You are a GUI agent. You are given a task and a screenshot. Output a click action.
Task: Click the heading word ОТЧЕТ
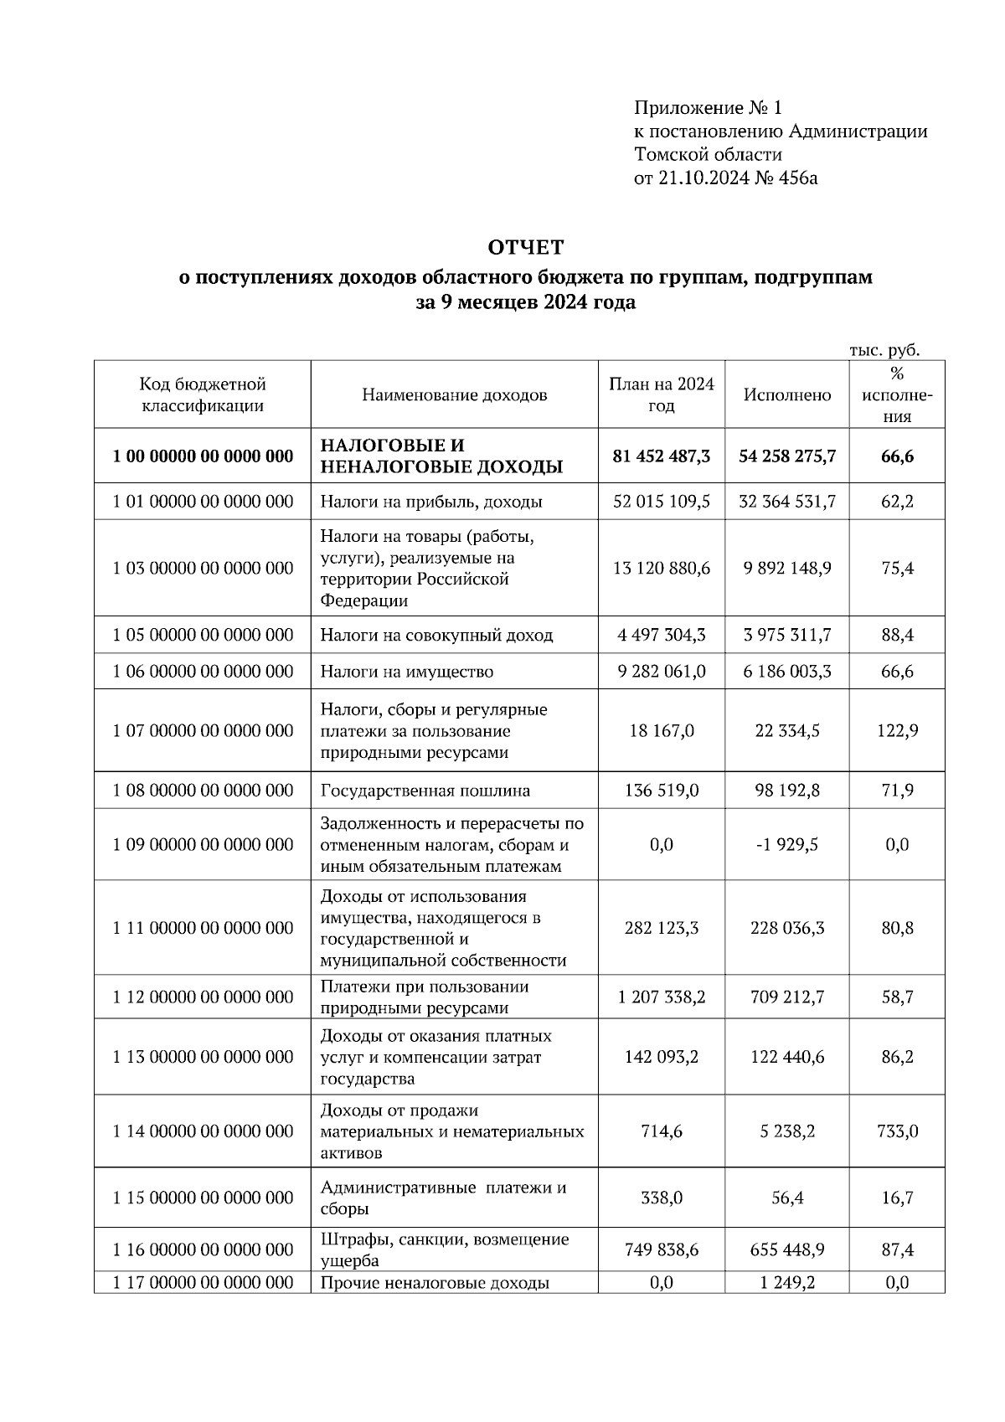[526, 248]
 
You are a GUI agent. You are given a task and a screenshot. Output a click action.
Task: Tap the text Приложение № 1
[707, 108]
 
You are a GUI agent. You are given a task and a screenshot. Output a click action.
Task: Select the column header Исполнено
[787, 395]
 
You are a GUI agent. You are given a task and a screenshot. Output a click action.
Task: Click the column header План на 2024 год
[661, 394]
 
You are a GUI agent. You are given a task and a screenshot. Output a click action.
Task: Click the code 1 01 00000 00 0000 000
[203, 502]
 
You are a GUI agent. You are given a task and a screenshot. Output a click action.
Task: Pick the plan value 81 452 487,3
[661, 456]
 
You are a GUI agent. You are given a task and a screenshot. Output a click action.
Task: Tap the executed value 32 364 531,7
[787, 502]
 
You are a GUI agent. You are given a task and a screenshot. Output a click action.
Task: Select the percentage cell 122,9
[897, 731]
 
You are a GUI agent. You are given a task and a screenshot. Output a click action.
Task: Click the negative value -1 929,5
[787, 845]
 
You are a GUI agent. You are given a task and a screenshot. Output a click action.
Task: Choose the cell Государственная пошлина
[425, 791]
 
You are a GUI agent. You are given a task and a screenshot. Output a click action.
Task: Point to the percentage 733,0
[897, 1131]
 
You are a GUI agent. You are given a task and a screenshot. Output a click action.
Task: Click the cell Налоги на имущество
[407, 672]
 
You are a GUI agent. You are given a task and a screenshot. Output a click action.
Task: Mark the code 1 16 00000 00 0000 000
[203, 1249]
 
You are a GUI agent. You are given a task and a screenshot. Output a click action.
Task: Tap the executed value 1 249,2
[787, 1283]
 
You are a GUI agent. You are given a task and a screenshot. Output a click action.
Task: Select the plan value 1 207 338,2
[661, 997]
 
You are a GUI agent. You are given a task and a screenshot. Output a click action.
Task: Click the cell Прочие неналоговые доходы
[435, 1283]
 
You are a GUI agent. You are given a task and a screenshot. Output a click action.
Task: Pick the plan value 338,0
[661, 1198]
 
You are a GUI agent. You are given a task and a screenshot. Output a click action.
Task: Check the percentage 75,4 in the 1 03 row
[897, 569]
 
